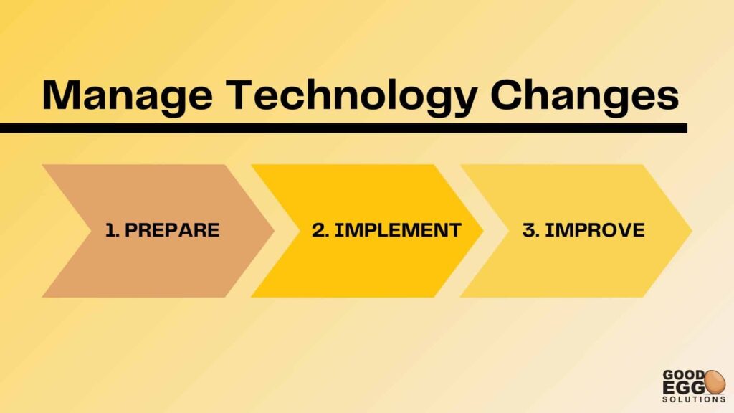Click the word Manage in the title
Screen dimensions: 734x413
(128, 97)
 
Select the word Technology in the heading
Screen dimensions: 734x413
(351, 97)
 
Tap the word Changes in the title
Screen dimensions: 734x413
(585, 97)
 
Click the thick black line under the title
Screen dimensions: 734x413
(343, 128)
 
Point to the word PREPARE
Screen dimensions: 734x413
(172, 230)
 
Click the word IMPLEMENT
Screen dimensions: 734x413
(398, 230)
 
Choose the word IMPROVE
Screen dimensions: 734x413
(595, 230)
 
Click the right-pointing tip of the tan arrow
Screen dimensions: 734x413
(274, 230)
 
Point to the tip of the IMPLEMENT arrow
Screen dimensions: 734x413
(482, 230)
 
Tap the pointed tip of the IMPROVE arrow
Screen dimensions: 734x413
(692, 230)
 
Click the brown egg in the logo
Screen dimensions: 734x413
(715, 381)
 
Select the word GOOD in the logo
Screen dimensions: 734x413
(684, 375)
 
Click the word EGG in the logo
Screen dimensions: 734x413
(684, 387)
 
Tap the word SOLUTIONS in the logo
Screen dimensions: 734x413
(694, 399)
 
